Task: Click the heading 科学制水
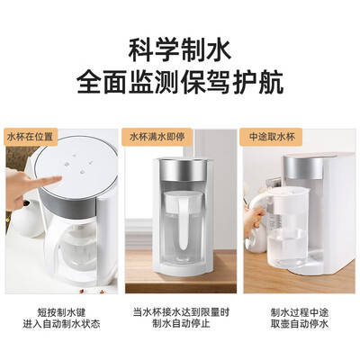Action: click(x=180, y=50)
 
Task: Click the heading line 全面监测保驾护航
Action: click(x=180, y=82)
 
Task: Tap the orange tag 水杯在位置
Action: click(x=30, y=138)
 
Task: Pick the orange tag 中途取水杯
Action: click(x=271, y=138)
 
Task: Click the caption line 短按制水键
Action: click(x=61, y=312)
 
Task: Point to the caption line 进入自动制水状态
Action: click(x=61, y=324)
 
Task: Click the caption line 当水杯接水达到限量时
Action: click(x=181, y=312)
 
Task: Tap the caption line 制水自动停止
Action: click(x=181, y=324)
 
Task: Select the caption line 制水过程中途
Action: click(x=300, y=312)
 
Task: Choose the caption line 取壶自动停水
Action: click(x=300, y=324)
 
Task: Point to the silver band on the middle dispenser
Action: click(x=183, y=170)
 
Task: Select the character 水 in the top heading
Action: click(x=219, y=50)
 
